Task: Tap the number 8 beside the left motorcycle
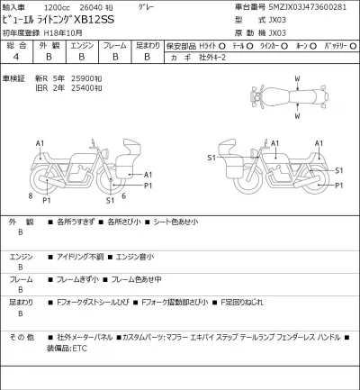click(30, 195)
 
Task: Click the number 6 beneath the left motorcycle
click(122, 195)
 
